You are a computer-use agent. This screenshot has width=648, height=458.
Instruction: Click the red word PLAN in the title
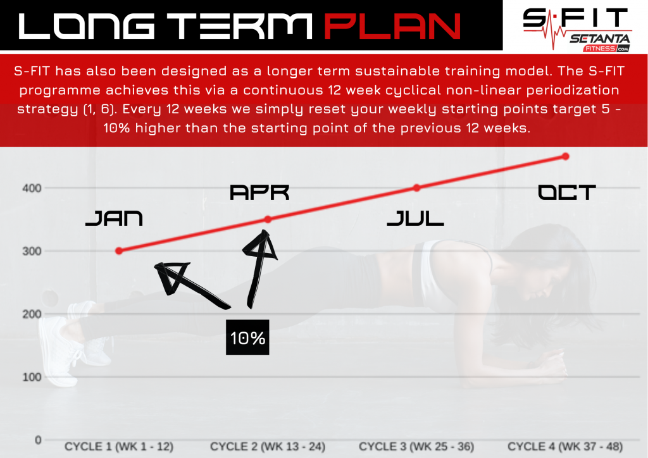pyautogui.click(x=392, y=26)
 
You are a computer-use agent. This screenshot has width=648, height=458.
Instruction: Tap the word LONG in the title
pyautogui.click(x=87, y=26)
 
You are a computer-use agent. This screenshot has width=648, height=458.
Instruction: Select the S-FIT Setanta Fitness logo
pyautogui.click(x=577, y=29)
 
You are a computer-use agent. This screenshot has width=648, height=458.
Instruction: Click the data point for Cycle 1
pyautogui.click(x=119, y=251)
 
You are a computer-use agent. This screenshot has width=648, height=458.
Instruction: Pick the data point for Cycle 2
pyautogui.click(x=268, y=220)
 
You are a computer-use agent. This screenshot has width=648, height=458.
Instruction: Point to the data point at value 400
pyautogui.click(x=416, y=188)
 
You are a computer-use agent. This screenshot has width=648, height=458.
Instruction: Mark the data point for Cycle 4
pyautogui.click(x=565, y=156)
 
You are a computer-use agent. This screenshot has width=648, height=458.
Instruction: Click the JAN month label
pyautogui.click(x=114, y=218)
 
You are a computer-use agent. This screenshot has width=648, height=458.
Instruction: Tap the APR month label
pyautogui.click(x=259, y=192)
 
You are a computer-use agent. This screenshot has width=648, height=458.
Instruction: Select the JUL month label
pyautogui.click(x=415, y=218)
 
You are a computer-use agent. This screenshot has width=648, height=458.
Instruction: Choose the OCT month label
pyautogui.click(x=566, y=192)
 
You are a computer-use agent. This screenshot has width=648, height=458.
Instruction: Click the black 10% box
pyautogui.click(x=247, y=337)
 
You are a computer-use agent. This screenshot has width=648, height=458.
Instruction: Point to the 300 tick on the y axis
pyautogui.click(x=32, y=251)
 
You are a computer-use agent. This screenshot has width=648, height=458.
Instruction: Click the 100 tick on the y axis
pyautogui.click(x=32, y=377)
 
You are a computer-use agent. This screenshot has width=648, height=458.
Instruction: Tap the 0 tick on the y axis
pyautogui.click(x=38, y=440)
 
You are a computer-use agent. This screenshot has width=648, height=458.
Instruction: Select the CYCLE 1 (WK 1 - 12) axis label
pyautogui.click(x=119, y=447)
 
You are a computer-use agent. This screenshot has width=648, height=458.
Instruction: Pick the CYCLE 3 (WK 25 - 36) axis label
pyautogui.click(x=416, y=447)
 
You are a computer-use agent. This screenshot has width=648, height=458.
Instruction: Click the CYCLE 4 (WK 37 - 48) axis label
pyautogui.click(x=565, y=447)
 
